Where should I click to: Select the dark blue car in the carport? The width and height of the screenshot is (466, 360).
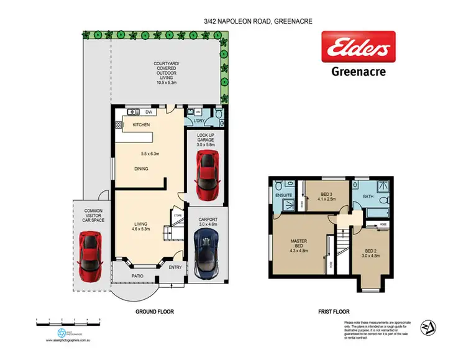tap(206, 254)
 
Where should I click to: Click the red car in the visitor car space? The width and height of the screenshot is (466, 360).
tap(90, 256)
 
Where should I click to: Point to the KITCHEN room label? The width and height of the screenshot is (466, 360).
tap(141, 125)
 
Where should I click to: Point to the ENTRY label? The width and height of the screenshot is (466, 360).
tap(175, 268)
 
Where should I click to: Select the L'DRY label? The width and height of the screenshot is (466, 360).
tap(199, 120)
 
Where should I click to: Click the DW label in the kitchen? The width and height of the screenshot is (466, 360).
tap(148, 112)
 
